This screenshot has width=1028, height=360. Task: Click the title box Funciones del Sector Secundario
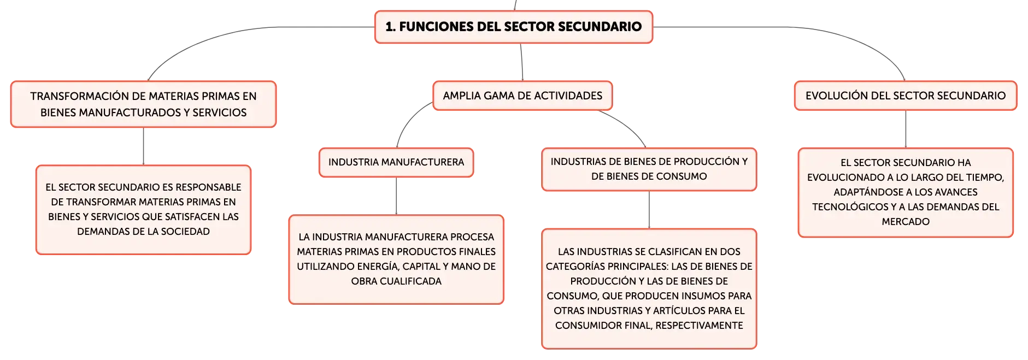514,27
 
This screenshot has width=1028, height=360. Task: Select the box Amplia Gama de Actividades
522,96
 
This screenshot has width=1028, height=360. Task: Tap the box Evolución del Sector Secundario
906,96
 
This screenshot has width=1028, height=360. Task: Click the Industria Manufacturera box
396,162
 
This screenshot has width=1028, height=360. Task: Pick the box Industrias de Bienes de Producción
649,169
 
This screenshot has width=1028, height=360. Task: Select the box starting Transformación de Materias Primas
143,104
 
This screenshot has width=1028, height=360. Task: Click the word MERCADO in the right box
906,222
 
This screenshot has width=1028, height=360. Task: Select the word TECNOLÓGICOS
850,207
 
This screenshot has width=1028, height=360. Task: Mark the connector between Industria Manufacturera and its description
396,196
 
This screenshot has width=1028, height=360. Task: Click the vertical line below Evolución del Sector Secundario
906,129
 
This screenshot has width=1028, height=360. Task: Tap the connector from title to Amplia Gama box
521,62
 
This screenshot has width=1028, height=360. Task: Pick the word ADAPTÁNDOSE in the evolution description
867,192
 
